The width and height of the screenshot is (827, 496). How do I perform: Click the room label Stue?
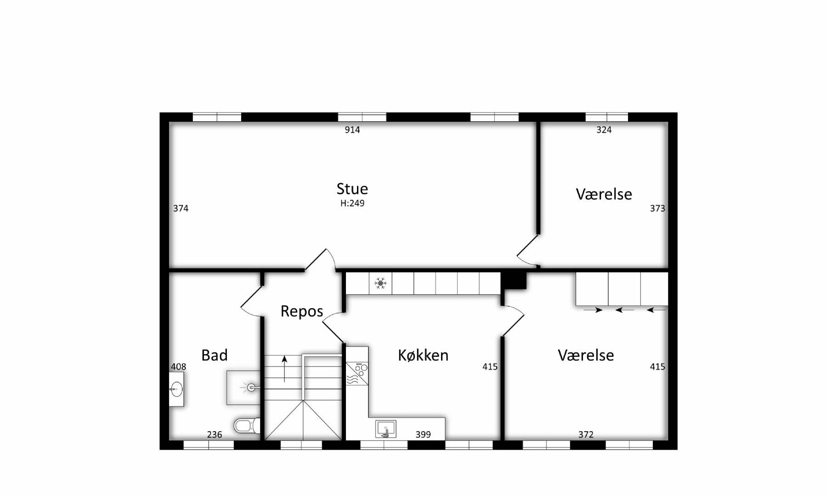click(352, 189)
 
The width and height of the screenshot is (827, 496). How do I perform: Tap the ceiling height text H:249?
click(352, 203)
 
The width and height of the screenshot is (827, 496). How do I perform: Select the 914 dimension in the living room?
click(352, 130)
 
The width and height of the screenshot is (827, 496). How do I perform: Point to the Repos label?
click(302, 311)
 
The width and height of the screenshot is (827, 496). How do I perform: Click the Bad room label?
click(215, 355)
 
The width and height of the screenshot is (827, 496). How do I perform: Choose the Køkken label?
click(423, 355)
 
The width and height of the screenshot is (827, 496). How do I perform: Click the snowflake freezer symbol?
click(380, 283)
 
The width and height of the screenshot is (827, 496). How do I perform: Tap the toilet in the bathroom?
click(247, 426)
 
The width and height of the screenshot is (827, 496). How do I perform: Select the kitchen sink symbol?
click(386, 429)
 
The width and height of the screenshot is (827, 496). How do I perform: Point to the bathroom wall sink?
click(176, 389)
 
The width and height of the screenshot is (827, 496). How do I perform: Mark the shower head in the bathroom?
click(251, 388)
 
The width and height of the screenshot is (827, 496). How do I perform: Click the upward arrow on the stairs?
click(285, 369)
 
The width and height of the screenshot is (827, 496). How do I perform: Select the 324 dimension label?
click(604, 130)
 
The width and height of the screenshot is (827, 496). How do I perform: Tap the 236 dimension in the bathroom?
click(215, 434)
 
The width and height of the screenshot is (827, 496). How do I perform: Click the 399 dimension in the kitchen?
click(423, 434)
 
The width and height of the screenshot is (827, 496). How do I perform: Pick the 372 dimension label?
click(586, 434)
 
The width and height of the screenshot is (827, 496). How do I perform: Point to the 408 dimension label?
click(178, 366)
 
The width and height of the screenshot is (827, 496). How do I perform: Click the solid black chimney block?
click(514, 280)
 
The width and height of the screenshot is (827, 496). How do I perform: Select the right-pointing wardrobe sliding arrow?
click(593, 310)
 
